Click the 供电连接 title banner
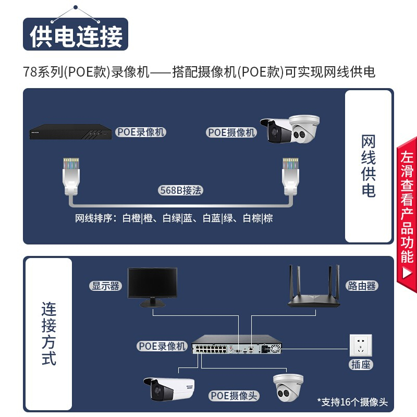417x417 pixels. point(76,34)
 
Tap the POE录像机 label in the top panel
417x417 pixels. point(141,132)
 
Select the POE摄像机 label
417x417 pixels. point(231,132)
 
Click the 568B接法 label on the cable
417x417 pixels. point(180,190)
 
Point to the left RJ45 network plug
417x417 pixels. point(71,176)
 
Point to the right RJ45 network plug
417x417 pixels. point(290,176)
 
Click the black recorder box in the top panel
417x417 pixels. point(70,132)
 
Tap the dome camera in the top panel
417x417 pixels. point(305,129)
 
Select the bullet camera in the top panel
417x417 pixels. point(277,131)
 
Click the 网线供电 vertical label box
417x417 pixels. point(369,166)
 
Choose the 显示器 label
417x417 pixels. point(106,286)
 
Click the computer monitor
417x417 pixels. point(152,287)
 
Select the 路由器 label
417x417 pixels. point(362,286)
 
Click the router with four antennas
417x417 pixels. point(314,286)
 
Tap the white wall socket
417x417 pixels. point(361,346)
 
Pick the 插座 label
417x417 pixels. point(361,364)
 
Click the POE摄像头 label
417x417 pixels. point(234,396)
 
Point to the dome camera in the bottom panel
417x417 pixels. point(288,387)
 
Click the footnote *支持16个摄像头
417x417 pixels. point(353,402)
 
